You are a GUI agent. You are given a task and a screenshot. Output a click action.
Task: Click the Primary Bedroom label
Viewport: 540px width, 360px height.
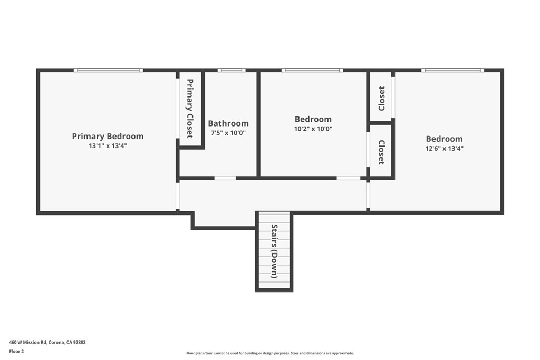[x=108, y=137]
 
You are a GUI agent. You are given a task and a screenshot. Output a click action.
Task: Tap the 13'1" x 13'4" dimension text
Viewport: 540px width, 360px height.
[x=108, y=146]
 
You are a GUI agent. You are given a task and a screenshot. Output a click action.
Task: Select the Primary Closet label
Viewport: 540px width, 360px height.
[x=190, y=109]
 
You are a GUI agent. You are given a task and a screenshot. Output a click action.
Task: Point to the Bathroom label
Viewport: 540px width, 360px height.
[x=228, y=123]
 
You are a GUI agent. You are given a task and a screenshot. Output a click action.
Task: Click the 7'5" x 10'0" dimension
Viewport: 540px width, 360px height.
[x=228, y=133]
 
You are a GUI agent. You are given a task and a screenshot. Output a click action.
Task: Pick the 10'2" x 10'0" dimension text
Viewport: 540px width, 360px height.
[x=313, y=129]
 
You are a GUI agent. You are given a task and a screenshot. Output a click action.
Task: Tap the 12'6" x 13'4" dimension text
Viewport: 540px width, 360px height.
[x=444, y=148]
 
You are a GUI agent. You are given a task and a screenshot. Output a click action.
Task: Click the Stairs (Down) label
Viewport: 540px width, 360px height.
[x=274, y=251]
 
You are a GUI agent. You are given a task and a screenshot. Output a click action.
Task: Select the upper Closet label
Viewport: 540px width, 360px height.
[x=382, y=99]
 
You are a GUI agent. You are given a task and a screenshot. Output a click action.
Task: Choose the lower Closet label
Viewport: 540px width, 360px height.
[x=382, y=152]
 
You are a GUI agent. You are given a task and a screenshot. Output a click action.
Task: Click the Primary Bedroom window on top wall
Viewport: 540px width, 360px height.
[x=108, y=70]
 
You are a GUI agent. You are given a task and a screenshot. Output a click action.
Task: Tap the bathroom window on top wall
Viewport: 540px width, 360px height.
[x=232, y=70]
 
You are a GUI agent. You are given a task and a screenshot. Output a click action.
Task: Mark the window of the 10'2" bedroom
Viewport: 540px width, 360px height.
[x=312, y=70]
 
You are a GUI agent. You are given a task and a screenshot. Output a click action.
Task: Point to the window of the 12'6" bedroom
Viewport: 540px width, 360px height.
[x=452, y=70]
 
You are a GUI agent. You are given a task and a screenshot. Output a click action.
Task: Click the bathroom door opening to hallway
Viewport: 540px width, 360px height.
[x=225, y=178]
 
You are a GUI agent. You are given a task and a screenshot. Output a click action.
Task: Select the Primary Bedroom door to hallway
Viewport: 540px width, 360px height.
[x=178, y=196]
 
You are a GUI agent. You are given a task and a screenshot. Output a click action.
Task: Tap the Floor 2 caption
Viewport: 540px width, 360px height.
[x=16, y=352]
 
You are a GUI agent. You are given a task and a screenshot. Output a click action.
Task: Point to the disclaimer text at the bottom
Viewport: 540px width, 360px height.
[x=270, y=353]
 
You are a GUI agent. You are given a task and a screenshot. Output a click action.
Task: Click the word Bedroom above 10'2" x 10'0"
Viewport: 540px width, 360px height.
[x=313, y=119]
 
